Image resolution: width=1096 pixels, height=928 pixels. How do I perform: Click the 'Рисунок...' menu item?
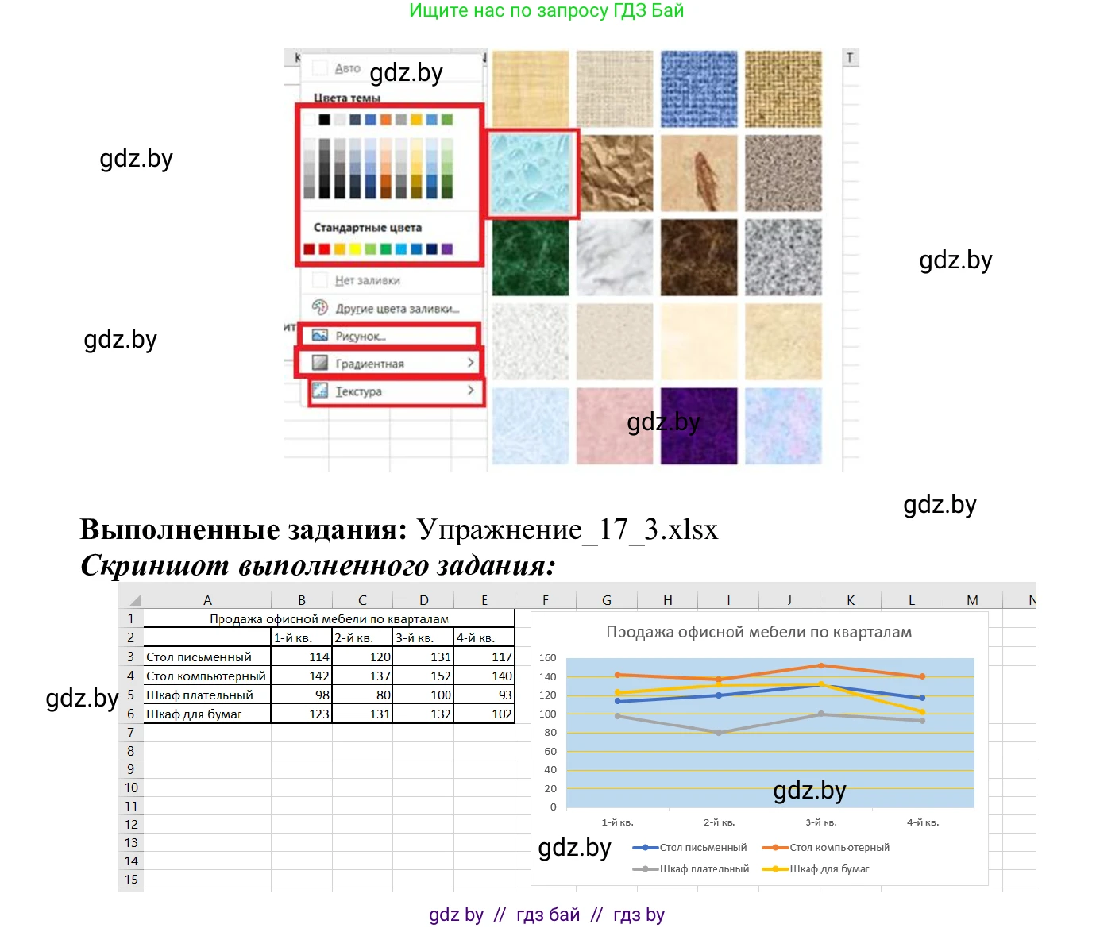[361, 336]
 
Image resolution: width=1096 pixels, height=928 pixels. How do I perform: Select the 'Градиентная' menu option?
[369, 364]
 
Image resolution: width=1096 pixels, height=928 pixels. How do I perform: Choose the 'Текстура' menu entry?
[358, 391]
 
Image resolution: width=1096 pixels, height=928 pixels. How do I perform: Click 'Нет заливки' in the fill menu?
[367, 280]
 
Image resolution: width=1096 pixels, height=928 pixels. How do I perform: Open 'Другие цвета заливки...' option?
[396, 308]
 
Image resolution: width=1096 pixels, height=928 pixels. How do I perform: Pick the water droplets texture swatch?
[531, 173]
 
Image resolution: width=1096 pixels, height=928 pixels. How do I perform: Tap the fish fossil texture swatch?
[699, 173]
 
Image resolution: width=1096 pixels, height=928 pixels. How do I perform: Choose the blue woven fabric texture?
[699, 89]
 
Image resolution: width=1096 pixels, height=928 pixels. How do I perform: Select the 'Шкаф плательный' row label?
[199, 695]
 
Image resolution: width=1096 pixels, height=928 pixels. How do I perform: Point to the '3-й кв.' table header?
[415, 637]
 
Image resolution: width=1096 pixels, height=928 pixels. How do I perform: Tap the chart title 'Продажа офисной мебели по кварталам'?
[758, 632]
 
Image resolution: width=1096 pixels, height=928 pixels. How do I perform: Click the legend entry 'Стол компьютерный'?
[839, 848]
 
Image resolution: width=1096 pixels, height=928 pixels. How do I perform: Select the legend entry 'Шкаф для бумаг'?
[829, 869]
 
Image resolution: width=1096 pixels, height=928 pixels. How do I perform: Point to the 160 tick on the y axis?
[548, 658]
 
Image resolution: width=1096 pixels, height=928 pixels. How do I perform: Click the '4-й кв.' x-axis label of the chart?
[923, 822]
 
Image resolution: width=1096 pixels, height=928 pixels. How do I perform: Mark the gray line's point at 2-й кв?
[719, 733]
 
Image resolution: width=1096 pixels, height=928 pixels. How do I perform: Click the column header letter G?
[607, 600]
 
